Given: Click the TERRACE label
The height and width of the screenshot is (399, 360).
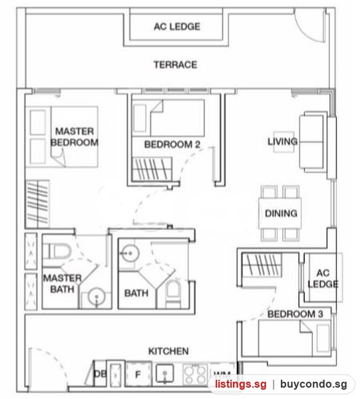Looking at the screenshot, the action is point(175,65).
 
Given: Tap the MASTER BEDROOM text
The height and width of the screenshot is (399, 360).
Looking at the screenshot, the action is point(75,137).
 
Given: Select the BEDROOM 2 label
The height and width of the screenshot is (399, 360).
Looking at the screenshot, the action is point(172,144).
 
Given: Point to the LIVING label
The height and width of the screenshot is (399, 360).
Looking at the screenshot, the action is point(282,142).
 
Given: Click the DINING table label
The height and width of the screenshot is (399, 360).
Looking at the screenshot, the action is point(281,213).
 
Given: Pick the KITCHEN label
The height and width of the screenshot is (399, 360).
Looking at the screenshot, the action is point(168,351).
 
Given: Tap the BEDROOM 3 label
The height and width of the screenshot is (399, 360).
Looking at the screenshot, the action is point(295,314).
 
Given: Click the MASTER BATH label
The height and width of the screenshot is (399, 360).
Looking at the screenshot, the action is point(63,283).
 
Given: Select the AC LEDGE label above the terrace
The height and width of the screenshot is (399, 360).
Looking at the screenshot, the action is point(177,27).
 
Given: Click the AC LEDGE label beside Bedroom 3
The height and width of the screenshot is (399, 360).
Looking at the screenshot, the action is point(323,279).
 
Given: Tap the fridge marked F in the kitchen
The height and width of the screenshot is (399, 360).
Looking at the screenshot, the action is point(138,374).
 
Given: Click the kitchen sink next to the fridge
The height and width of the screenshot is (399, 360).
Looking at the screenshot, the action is point(165,374).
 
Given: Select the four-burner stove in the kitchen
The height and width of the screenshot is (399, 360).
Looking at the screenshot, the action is point(196,374).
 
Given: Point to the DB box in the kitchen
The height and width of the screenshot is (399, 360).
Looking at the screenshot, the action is point(100,374).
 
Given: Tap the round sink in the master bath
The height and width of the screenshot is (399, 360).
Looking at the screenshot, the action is point(96,297).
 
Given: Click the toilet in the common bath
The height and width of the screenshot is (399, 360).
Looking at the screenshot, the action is point(173,292).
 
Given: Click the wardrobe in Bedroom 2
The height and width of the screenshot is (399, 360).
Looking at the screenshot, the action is point(152,169).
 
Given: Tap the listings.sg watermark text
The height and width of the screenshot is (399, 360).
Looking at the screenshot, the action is point(241,384).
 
